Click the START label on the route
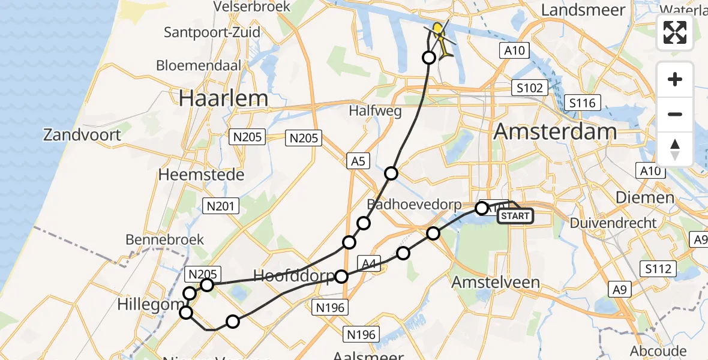coord(515,216)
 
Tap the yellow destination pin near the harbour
coord(439,29)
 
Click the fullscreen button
coord(675,32)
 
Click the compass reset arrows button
coord(675,149)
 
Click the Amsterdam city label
coord(555,132)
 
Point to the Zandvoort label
coord(82,134)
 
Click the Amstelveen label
coord(487,282)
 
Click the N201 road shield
coord(221,206)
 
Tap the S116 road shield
coord(583,103)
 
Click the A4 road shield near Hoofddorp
coord(367,262)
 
